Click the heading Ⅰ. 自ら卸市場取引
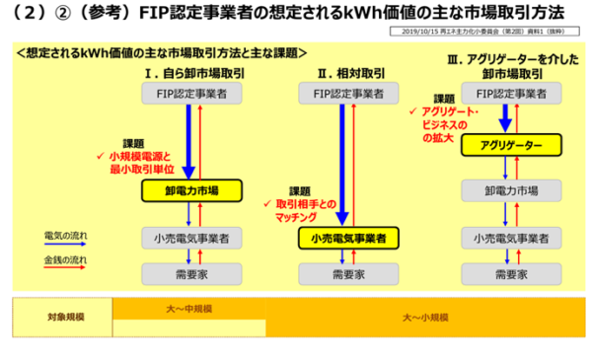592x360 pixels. point(187,74)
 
